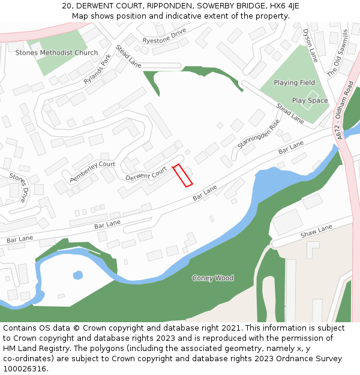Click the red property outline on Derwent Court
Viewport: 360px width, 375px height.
[182, 175]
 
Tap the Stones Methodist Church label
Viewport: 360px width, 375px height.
[56, 53]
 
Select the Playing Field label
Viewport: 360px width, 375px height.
[294, 82]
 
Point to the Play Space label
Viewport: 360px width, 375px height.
[310, 100]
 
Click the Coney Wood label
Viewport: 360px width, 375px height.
[213, 278]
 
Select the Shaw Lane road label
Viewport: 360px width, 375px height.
[316, 231]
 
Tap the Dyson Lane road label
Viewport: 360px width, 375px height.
[310, 45]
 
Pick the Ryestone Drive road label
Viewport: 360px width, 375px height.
[164, 38]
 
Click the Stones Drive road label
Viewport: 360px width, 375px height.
[19, 187]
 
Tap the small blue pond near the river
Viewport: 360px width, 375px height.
[77, 275]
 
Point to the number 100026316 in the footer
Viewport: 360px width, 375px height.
[25, 369]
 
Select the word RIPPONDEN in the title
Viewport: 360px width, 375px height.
[170, 6]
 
